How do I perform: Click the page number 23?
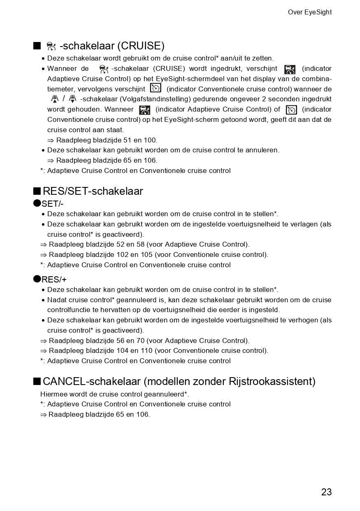[x=326, y=492]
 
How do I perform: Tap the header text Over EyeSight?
[x=309, y=12]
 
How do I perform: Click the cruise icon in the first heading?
[x=51, y=46]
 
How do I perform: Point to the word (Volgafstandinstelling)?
[x=152, y=99]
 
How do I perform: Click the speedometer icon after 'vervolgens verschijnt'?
[x=156, y=88]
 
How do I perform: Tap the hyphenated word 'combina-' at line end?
[x=316, y=79]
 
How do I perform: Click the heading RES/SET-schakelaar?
[x=93, y=191]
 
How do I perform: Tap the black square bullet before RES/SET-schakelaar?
[x=37, y=191]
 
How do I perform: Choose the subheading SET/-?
[x=52, y=204]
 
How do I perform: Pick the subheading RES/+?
[x=54, y=280]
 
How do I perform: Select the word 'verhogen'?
[x=307, y=320]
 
